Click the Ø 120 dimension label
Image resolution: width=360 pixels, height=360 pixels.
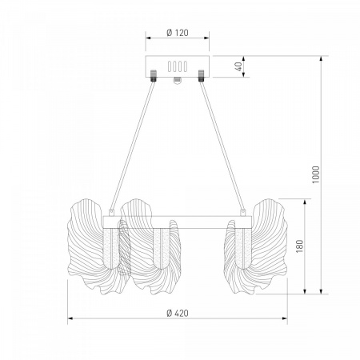[178, 33]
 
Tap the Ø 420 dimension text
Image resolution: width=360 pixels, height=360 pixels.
[178, 313]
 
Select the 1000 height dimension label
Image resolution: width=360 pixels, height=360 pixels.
[316, 174]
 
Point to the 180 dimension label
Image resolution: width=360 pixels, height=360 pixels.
[300, 246]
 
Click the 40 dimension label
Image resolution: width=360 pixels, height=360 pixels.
[238, 66]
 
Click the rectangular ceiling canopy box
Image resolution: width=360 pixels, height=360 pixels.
[177, 66]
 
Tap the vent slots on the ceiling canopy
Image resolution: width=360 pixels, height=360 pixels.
[178, 66]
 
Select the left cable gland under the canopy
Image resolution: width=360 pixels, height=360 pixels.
[154, 76]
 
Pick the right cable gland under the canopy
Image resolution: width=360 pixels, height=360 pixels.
[201, 76]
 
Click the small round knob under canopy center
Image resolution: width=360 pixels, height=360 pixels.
[178, 80]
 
